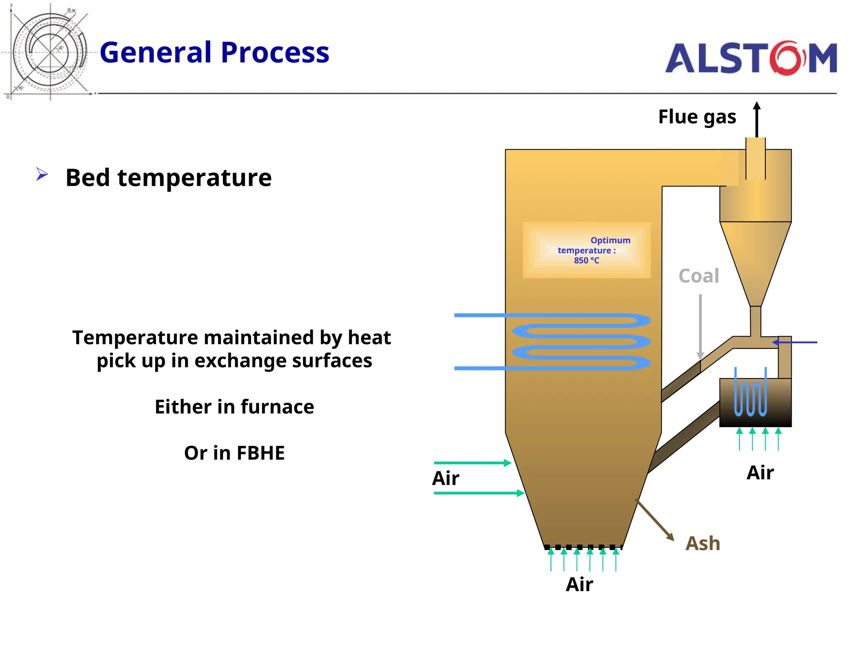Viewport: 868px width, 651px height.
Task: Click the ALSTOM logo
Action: point(751,58)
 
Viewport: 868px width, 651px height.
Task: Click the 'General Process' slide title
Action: point(214,53)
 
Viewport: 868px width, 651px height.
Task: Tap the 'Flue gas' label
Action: point(697,117)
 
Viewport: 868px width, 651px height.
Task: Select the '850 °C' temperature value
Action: point(587,261)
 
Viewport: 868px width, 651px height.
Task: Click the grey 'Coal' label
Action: point(698,276)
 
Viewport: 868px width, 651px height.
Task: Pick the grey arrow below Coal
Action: point(700,326)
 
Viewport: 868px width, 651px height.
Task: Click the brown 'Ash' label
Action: point(703,543)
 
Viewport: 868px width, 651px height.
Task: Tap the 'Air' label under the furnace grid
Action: point(579,584)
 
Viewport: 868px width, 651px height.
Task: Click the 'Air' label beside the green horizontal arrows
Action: point(445,479)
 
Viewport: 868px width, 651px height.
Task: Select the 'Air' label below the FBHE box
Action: point(760,473)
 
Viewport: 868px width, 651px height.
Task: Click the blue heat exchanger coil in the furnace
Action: point(581,342)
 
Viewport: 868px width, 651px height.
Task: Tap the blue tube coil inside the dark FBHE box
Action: point(750,394)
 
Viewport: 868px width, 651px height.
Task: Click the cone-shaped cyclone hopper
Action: point(755,259)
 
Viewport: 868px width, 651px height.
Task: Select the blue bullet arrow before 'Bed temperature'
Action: point(42,174)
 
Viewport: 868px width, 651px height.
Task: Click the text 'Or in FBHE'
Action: point(234,453)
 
